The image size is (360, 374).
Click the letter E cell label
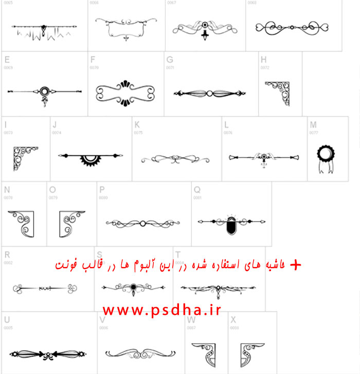[7, 59]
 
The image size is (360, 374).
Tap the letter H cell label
[264, 59]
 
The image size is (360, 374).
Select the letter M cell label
[313, 124]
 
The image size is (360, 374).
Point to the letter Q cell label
[197, 189]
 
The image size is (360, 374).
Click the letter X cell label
[233, 319]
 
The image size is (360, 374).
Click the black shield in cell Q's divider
[230, 225]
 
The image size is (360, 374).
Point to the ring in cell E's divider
[44, 91]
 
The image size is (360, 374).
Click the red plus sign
[295, 265]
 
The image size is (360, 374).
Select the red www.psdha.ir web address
[161, 310]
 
